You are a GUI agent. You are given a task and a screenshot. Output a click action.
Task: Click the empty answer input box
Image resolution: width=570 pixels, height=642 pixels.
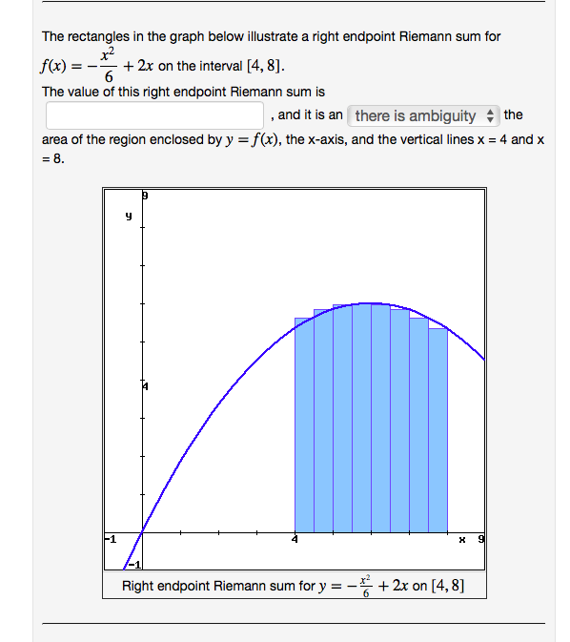[154, 115]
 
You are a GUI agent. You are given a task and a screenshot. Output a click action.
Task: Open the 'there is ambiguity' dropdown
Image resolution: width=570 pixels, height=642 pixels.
[424, 115]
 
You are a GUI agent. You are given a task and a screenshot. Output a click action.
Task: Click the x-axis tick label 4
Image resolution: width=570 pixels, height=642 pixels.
[295, 540]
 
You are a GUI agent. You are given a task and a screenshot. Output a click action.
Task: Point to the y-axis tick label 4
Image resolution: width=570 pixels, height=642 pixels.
[146, 386]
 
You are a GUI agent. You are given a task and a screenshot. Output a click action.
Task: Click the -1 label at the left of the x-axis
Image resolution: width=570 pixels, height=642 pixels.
[111, 540]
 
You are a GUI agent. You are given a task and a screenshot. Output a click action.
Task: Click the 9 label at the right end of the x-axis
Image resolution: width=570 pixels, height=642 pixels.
[480, 540]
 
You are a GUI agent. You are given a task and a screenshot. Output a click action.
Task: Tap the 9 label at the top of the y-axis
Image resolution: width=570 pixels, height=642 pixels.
[145, 195]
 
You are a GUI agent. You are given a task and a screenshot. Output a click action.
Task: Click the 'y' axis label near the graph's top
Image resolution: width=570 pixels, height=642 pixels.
[128, 217]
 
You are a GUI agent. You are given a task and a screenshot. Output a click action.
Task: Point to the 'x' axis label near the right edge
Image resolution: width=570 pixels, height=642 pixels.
[462, 540]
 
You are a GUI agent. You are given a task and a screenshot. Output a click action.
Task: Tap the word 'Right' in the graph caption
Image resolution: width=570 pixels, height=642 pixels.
[139, 585]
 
